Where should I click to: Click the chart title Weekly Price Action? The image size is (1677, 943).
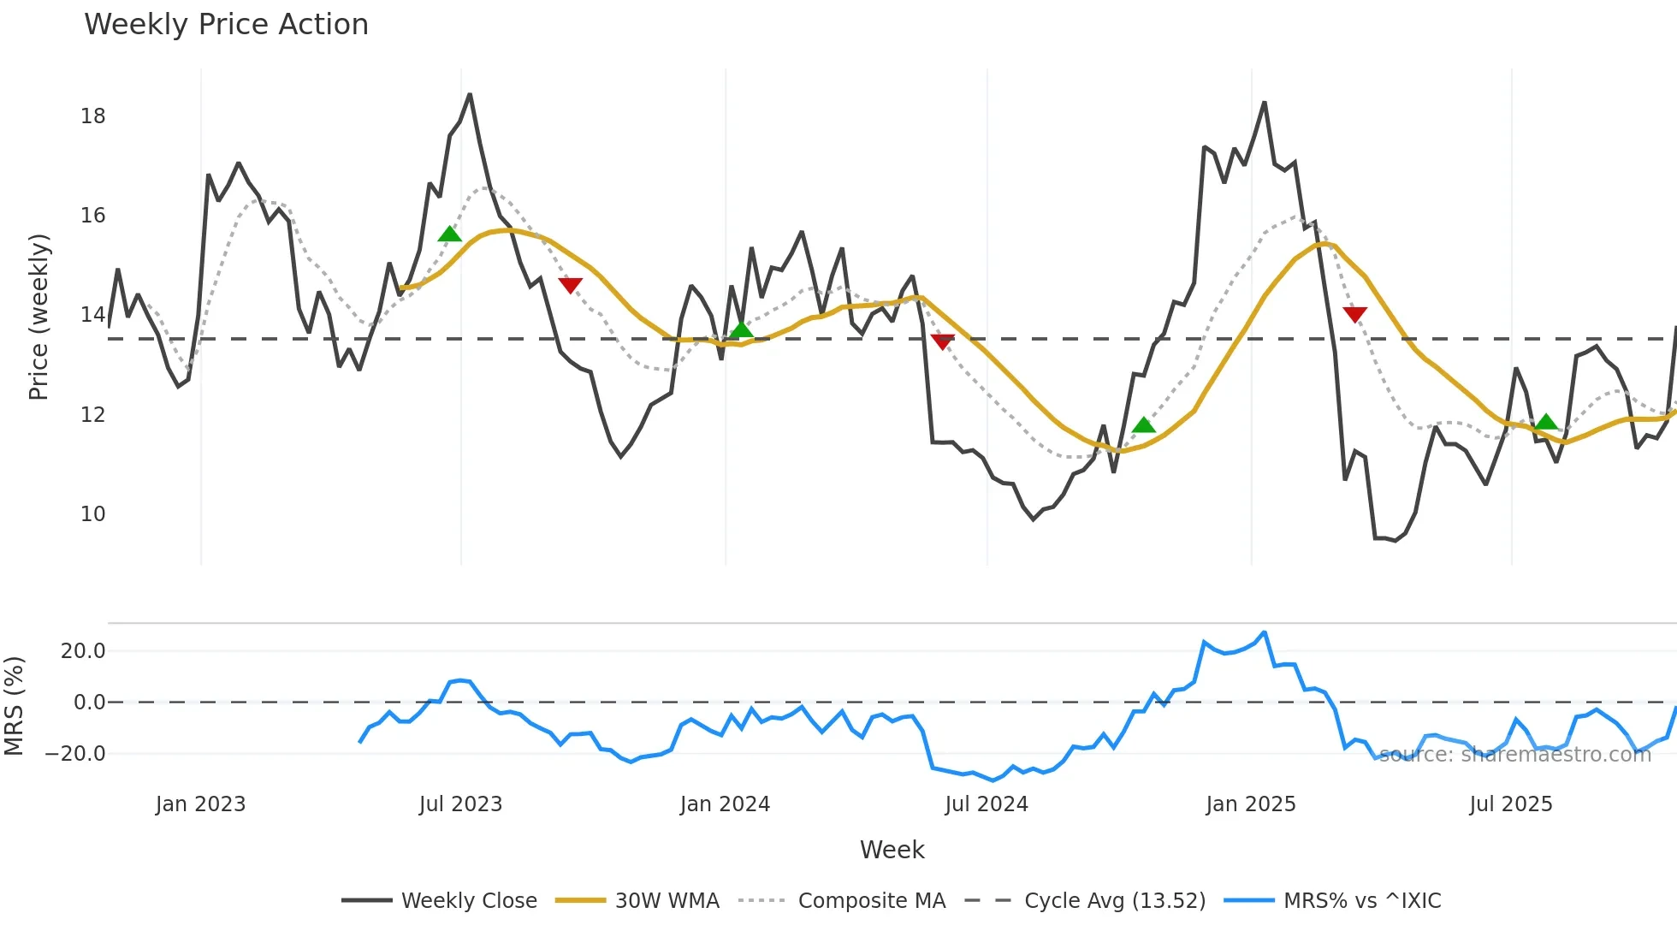pyautogui.click(x=226, y=25)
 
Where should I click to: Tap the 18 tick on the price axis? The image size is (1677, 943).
pyautogui.click(x=93, y=116)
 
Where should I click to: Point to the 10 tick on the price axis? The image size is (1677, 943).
pyautogui.click(x=93, y=514)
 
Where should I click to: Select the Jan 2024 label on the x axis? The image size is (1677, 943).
pyautogui.click(x=725, y=804)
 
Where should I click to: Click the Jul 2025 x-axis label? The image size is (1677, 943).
pyautogui.click(x=1510, y=804)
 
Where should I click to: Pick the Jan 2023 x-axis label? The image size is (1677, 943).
pyautogui.click(x=200, y=804)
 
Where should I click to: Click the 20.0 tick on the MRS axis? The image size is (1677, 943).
pyautogui.click(x=83, y=651)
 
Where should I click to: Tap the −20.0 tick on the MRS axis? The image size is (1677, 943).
pyautogui.click(x=75, y=754)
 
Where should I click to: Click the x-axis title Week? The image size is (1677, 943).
pyautogui.click(x=892, y=850)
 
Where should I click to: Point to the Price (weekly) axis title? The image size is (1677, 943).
pyautogui.click(x=39, y=317)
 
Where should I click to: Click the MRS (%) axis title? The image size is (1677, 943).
pyautogui.click(x=14, y=706)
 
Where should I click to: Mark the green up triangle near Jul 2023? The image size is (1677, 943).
pyautogui.click(x=449, y=234)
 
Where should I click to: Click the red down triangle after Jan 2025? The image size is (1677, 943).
pyautogui.click(x=1354, y=314)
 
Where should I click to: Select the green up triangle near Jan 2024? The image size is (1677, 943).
pyautogui.click(x=741, y=329)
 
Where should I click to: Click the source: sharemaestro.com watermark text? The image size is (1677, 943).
pyautogui.click(x=1514, y=755)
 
